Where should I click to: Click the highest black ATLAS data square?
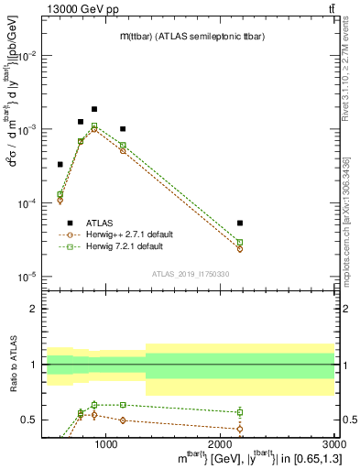click(93, 109)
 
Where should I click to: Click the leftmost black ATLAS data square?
click(60, 165)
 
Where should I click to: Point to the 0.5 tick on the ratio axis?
click(30, 420)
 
